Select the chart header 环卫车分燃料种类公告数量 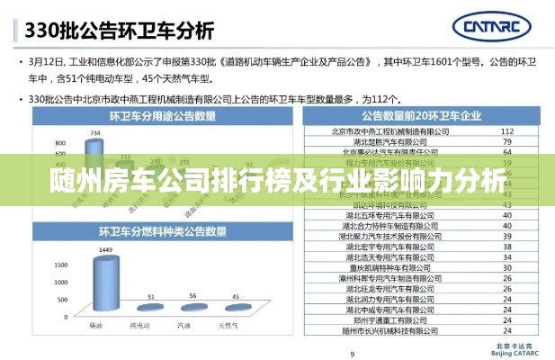tap(162, 232)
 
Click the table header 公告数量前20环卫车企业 tap(420, 116)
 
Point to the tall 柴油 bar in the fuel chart tap(105, 286)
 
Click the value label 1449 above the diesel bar tap(105, 248)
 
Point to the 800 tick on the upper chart tap(61, 143)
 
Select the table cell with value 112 tap(507, 130)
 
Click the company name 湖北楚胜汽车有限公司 tap(389, 141)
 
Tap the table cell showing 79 tap(507, 141)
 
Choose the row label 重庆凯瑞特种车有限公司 tap(389, 267)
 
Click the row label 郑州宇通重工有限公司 tap(389, 319)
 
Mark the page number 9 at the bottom tap(352, 353)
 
